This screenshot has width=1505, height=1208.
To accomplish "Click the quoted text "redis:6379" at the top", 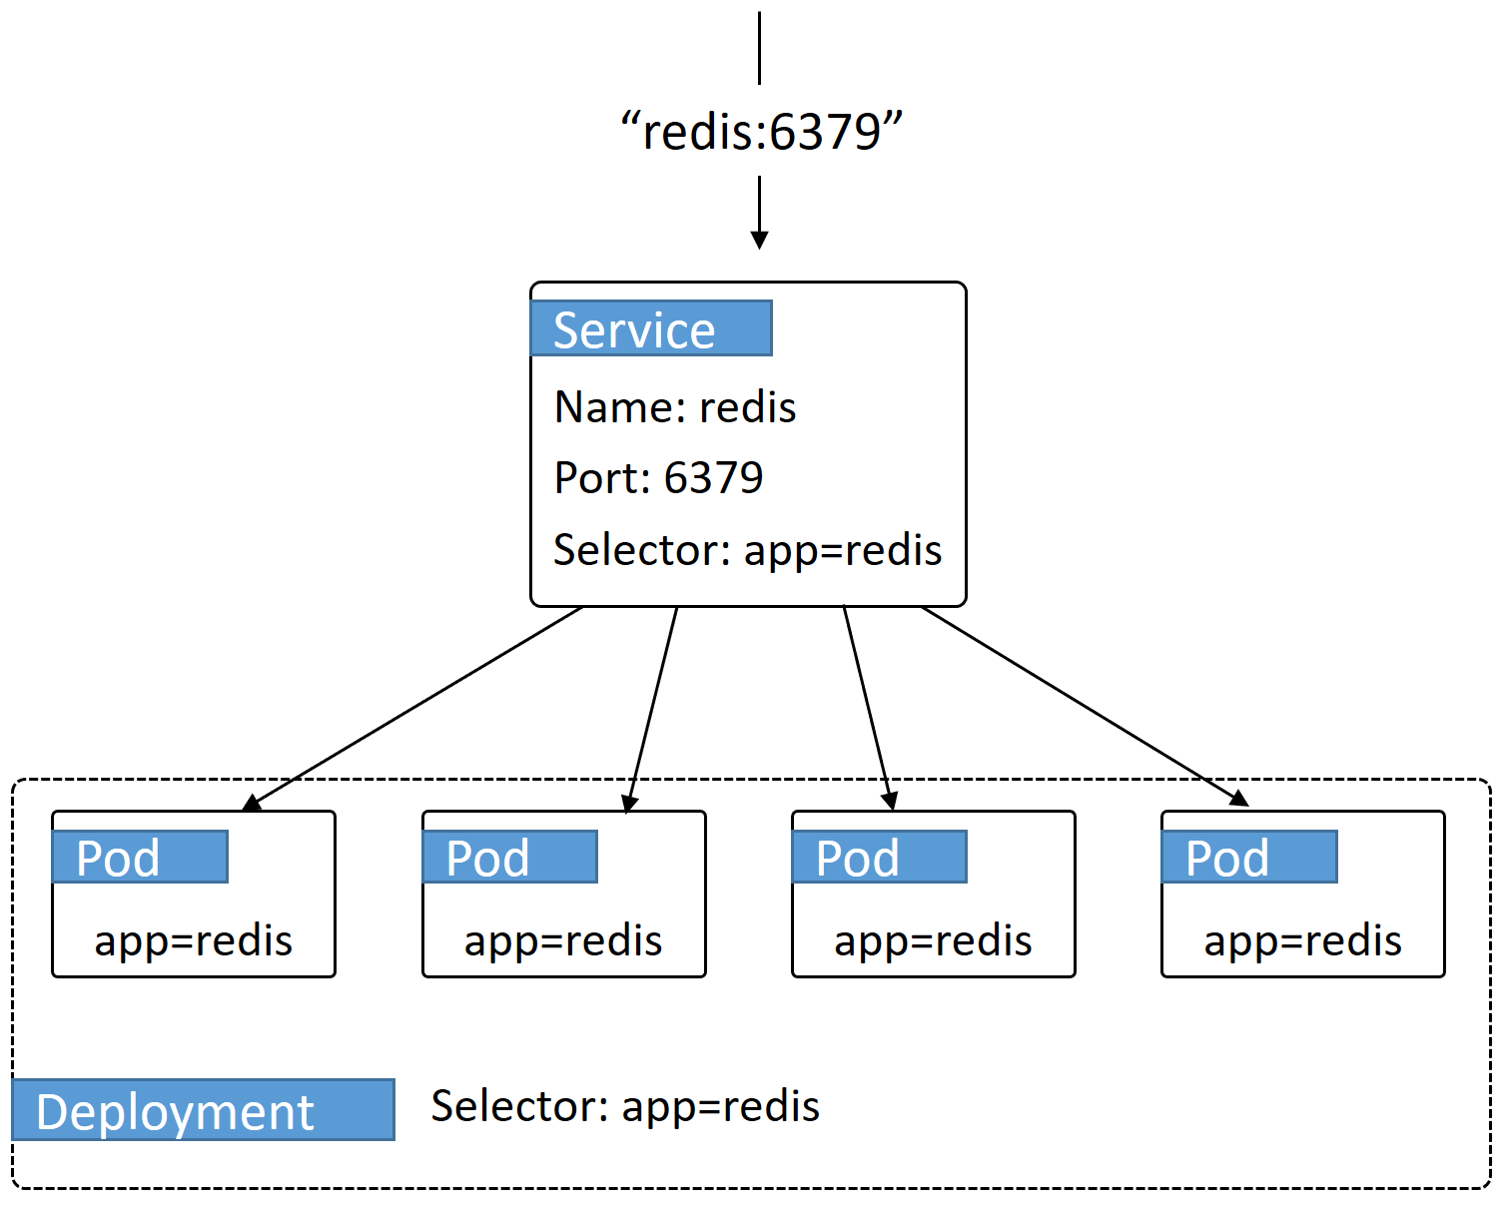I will tap(761, 132).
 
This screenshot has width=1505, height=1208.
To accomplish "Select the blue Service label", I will tap(651, 328).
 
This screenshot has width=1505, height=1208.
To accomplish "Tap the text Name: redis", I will tap(675, 407).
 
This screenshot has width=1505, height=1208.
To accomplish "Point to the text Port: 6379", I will tap(658, 478).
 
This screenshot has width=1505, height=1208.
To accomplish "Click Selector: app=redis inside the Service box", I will tap(747, 550).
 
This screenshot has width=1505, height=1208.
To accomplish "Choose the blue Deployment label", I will tap(204, 1110).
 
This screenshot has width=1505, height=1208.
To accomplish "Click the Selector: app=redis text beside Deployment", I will tap(625, 1106).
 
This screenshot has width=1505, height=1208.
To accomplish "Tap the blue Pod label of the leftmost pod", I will tap(140, 858).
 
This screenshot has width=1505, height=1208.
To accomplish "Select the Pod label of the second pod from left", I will tap(509, 858).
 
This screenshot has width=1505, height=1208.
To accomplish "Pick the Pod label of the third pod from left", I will tap(879, 858).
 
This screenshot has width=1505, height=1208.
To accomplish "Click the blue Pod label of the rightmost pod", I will tap(1248, 858).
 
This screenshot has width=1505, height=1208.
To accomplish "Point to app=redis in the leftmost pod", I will tap(194, 940).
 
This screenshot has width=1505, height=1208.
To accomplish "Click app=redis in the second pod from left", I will tap(563, 940).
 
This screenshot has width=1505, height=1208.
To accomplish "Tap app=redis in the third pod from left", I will tap(933, 940).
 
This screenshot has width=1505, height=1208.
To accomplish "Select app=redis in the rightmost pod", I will tap(1302, 940).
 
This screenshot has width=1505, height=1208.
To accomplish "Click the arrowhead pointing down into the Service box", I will tap(759, 240).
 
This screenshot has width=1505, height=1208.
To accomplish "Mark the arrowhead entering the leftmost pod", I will tap(252, 803).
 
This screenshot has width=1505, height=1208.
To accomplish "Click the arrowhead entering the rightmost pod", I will tap(1239, 798).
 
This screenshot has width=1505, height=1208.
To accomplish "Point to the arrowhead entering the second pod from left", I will tap(629, 804).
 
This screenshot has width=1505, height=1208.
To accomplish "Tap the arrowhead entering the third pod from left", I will tap(890, 801).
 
